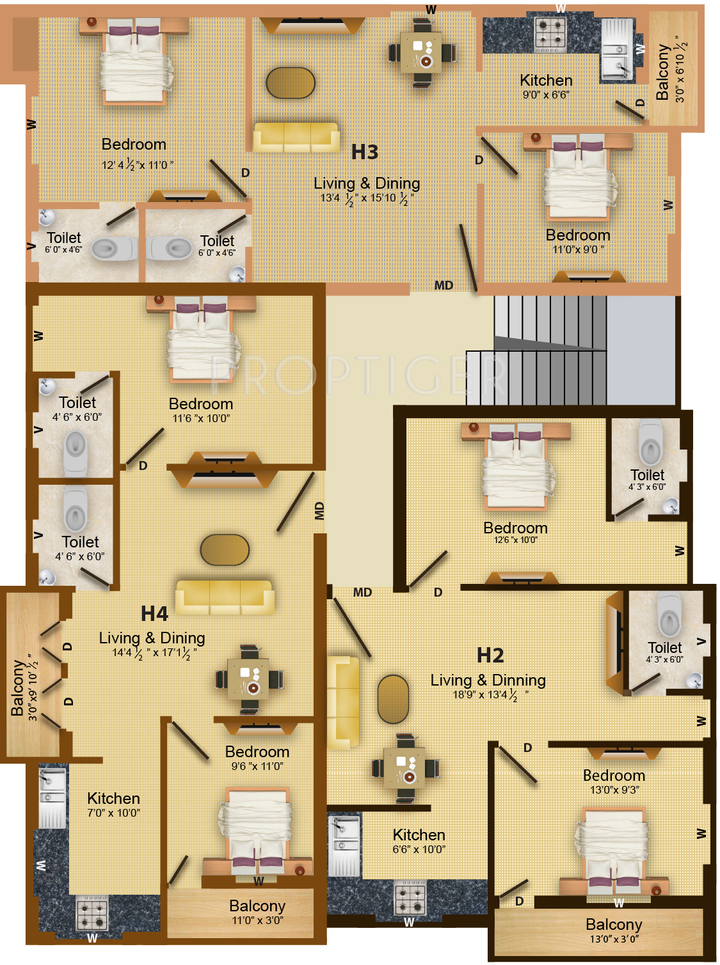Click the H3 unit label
coord(365,152)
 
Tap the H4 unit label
coord(154,614)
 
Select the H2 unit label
coord(490,655)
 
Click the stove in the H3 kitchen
coord(550,34)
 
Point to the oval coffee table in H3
coord(291,83)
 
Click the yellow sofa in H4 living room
coord(225,597)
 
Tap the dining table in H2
coord(405,768)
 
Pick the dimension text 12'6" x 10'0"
coord(515,540)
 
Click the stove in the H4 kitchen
coord(92,913)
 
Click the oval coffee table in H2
coord(393,699)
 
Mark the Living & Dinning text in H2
coord(488,680)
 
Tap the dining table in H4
coord(250,679)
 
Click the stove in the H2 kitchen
coord(410,898)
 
